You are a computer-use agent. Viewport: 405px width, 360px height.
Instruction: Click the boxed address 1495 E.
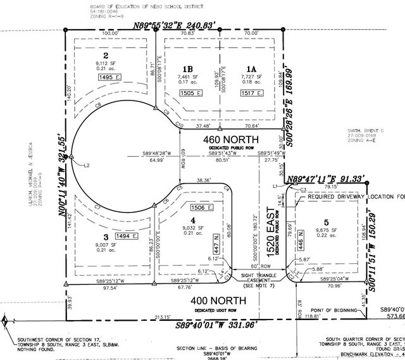(109, 77)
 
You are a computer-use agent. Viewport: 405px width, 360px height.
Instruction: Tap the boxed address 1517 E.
(251, 92)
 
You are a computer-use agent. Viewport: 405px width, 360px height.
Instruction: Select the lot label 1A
(252, 68)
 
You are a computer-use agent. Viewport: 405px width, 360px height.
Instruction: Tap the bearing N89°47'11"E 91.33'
(327, 179)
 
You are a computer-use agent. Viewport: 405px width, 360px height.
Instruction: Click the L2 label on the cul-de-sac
(87, 165)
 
